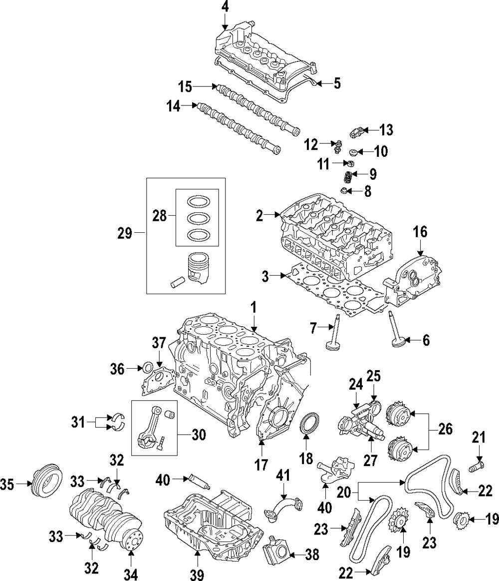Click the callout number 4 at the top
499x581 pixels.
point(225,7)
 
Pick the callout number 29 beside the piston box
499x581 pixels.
point(125,233)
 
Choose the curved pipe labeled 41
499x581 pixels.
point(283,508)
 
